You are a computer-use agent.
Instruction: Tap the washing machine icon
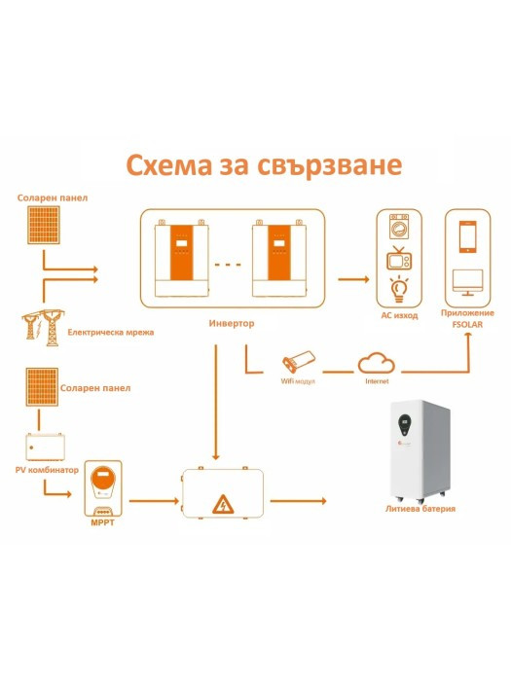399,227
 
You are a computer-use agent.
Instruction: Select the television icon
399,258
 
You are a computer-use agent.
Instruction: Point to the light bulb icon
399,289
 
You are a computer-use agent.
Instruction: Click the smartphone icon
467,236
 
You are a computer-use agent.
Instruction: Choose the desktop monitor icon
467,282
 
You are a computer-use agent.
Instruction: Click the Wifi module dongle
299,361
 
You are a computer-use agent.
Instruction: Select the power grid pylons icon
42,327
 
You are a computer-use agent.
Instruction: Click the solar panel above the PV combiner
42,387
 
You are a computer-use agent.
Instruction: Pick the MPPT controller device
103,488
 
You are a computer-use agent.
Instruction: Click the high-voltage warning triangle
223,504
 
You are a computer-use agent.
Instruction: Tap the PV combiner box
45,447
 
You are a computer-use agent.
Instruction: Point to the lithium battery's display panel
404,425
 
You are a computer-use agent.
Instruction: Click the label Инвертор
232,323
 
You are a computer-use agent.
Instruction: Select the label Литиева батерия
420,508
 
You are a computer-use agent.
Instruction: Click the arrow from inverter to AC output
353,279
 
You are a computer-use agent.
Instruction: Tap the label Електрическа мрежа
111,333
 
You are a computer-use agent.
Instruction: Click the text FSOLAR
467,324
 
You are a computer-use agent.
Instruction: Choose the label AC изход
399,316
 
